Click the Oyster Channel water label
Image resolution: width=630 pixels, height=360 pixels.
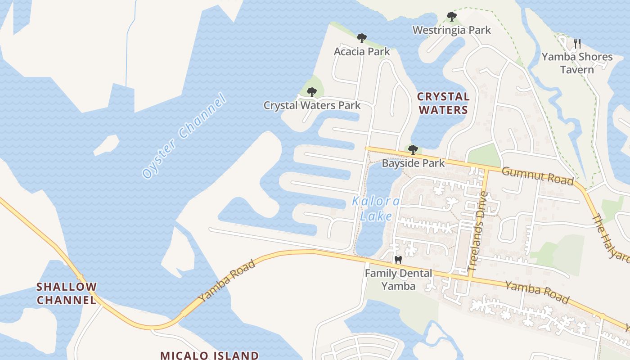pyautogui.click(x=183, y=135)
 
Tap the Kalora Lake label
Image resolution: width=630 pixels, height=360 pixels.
pyautogui.click(x=376, y=208)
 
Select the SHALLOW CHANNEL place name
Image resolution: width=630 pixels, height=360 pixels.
pyautogui.click(x=67, y=293)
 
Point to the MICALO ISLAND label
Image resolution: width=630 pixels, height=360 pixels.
pyautogui.click(x=209, y=355)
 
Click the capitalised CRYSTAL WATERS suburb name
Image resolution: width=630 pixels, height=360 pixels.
pyautogui.click(x=443, y=103)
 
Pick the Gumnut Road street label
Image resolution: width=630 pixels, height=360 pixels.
pyautogui.click(x=537, y=175)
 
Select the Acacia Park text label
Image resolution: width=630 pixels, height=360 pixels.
pyautogui.click(x=362, y=52)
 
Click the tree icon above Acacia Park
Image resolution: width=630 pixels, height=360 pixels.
pyautogui.click(x=361, y=38)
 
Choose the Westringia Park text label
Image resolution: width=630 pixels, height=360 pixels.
pyautogui.click(x=452, y=30)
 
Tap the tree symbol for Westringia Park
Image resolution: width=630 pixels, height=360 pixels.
pyautogui.click(x=452, y=17)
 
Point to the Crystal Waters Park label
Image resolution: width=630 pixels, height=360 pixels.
pyautogui.click(x=312, y=105)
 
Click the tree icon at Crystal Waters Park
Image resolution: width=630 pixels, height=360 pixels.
pyautogui.click(x=311, y=92)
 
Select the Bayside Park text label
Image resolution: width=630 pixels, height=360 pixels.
pyautogui.click(x=413, y=163)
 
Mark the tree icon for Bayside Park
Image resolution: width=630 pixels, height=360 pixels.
pyautogui.click(x=413, y=149)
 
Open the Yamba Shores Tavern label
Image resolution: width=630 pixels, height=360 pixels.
pyautogui.click(x=577, y=63)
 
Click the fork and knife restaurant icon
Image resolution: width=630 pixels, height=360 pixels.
pyautogui.click(x=578, y=44)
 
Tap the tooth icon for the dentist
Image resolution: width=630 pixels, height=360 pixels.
pyautogui.click(x=398, y=260)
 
